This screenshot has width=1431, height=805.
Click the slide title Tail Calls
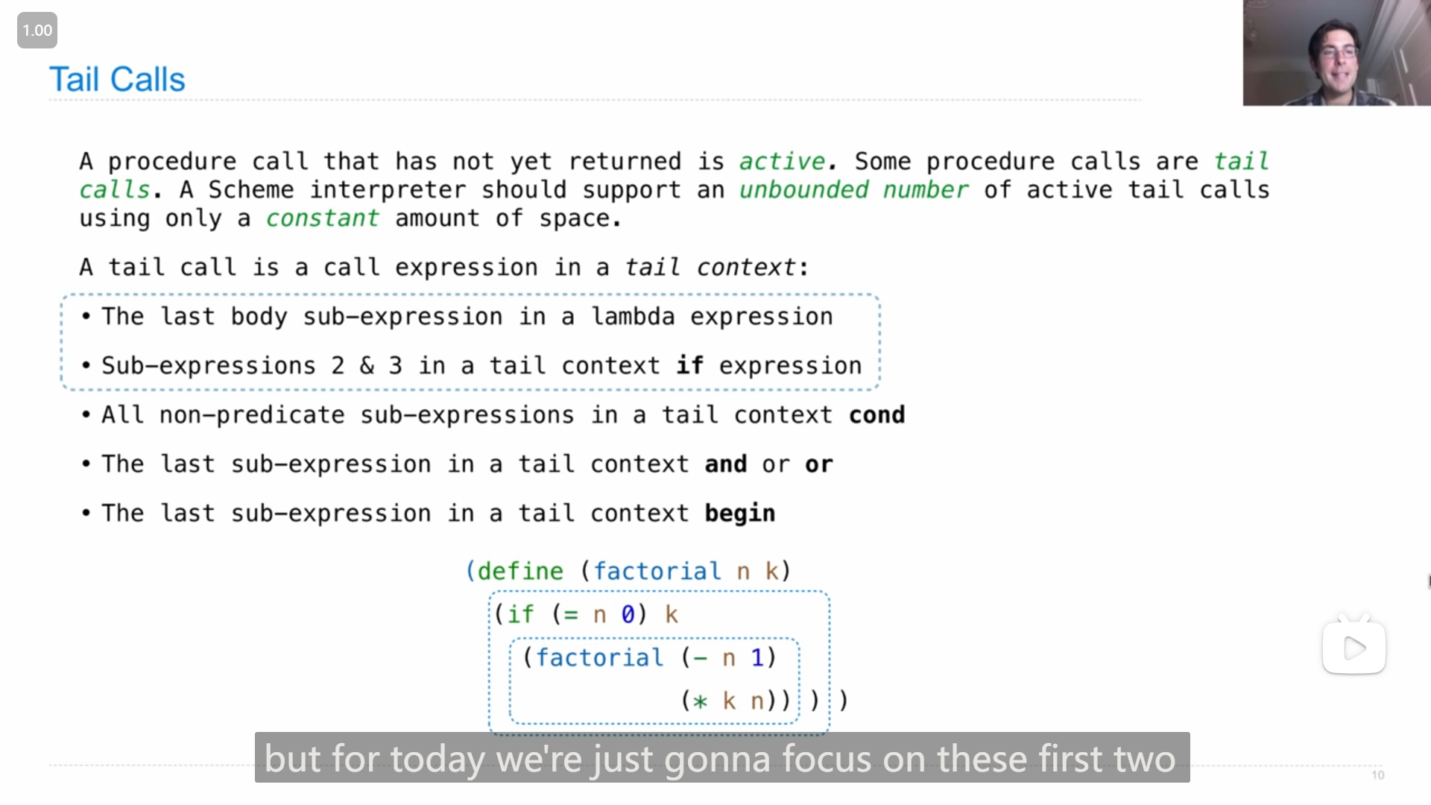point(117,79)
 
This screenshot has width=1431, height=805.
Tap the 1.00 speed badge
point(37,31)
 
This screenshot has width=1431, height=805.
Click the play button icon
point(1354,648)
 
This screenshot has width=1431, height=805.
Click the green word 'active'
point(782,162)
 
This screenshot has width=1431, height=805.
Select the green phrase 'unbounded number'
point(853,190)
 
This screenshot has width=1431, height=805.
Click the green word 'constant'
point(322,218)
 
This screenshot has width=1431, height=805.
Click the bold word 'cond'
point(877,415)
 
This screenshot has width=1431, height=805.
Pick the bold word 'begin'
point(740,514)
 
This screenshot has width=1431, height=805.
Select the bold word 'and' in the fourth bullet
point(726,464)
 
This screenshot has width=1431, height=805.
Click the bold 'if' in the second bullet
point(690,365)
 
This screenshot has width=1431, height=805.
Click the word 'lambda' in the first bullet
point(634,317)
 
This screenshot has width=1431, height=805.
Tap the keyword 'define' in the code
point(520,572)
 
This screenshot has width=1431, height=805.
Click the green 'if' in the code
point(520,614)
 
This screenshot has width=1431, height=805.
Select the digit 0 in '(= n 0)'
point(628,615)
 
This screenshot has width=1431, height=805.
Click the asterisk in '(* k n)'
point(700,701)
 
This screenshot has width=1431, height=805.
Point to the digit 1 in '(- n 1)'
point(757,657)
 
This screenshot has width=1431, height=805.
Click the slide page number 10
point(1378,775)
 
